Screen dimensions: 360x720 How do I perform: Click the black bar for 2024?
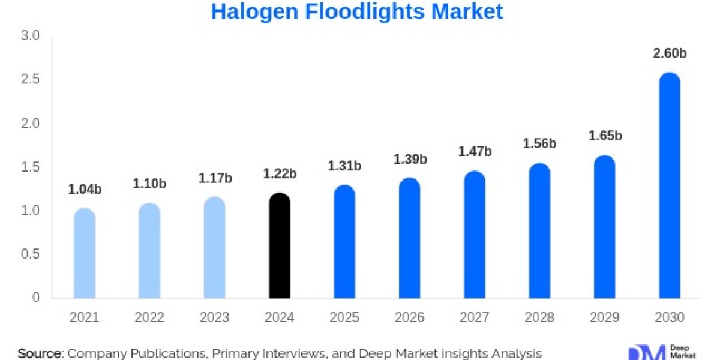pyautogui.click(x=279, y=246)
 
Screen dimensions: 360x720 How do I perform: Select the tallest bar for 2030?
pyautogui.click(x=669, y=186)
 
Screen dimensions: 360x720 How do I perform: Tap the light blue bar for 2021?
pyautogui.click(x=85, y=253)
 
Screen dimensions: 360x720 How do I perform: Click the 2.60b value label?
pyautogui.click(x=670, y=53)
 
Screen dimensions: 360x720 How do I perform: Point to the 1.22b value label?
pyautogui.click(x=280, y=174)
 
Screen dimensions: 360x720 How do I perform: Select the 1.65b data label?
pyautogui.click(x=605, y=136)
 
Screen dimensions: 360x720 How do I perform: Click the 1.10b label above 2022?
pyautogui.click(x=149, y=184)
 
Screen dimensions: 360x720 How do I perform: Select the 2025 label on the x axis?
pyautogui.click(x=344, y=318)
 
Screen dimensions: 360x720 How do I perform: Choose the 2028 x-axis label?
pyautogui.click(x=539, y=318)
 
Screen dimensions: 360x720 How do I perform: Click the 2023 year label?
pyautogui.click(x=214, y=318)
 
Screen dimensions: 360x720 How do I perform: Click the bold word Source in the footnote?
pyautogui.click(x=40, y=353)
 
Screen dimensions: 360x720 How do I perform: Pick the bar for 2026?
pyautogui.click(x=409, y=239)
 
